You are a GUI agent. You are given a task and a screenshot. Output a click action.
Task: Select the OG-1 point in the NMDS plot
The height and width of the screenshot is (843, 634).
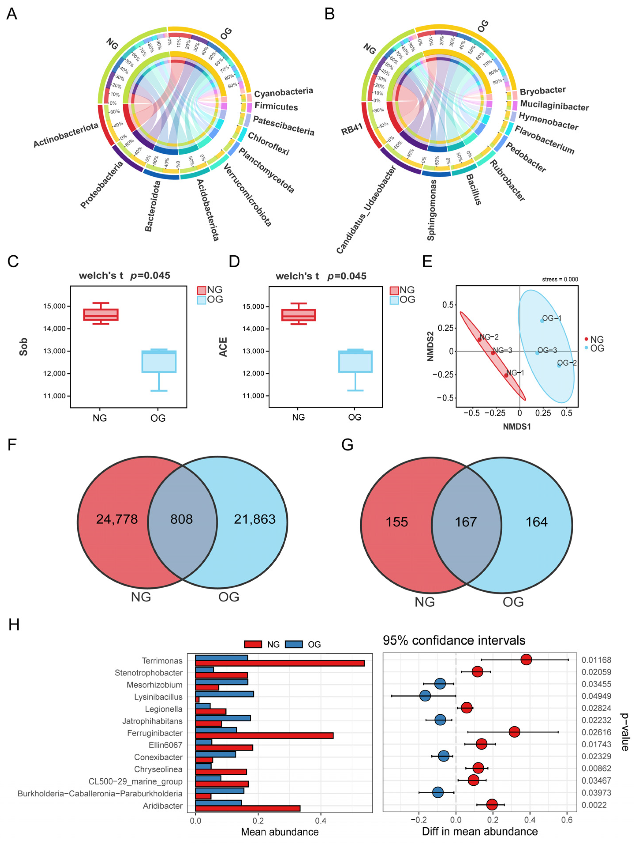tap(542, 321)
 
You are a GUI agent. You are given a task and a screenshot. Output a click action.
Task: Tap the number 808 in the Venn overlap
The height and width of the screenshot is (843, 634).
tap(182, 519)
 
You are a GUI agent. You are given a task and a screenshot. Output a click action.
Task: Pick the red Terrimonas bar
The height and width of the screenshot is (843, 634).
tap(280, 663)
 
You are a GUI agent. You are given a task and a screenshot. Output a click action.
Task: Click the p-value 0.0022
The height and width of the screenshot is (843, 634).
tap(594, 805)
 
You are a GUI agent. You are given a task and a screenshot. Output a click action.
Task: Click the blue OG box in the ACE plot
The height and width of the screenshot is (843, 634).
tap(355, 361)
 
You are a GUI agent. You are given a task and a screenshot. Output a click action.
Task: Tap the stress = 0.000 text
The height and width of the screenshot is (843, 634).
tap(560, 279)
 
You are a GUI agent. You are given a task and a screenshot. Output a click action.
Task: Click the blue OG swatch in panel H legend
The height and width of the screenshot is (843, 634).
tap(294, 644)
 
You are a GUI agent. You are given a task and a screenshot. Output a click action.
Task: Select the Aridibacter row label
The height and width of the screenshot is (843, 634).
tap(163, 806)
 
